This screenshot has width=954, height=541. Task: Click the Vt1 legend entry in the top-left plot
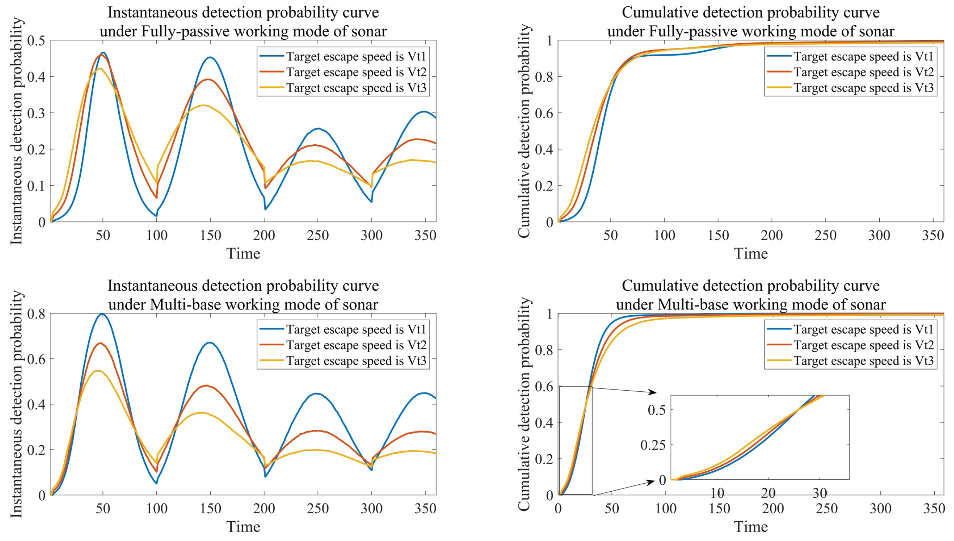tap(356, 56)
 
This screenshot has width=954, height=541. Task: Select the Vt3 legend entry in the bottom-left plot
tap(356, 361)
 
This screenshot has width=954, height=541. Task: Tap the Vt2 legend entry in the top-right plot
tap(863, 72)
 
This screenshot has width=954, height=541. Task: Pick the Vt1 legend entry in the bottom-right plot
tap(863, 329)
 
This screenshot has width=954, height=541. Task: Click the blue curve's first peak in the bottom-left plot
tap(102, 314)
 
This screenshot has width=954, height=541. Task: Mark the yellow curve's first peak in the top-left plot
tap(99, 69)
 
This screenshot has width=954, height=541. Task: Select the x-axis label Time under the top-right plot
tap(750, 254)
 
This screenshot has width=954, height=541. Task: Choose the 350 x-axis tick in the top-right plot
tap(933, 235)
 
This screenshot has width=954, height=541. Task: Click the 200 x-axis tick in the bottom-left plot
tap(264, 508)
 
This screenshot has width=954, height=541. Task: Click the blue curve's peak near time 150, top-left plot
tap(210, 58)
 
